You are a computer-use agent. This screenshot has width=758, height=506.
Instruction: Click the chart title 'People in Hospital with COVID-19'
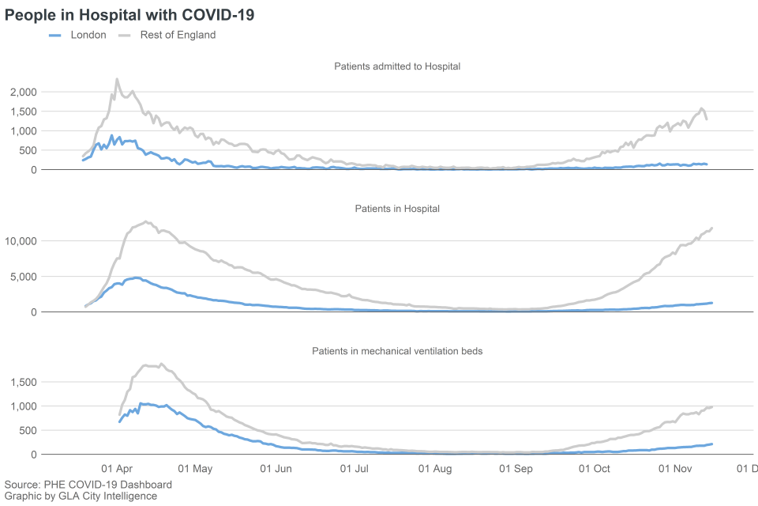pyautogui.click(x=129, y=15)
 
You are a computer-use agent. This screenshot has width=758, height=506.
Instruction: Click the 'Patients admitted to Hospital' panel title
pyautogui.click(x=397, y=66)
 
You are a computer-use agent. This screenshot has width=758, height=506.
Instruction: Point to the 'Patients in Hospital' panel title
pyautogui.click(x=397, y=209)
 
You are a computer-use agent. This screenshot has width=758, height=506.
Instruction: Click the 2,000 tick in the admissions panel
pyautogui.click(x=24, y=92)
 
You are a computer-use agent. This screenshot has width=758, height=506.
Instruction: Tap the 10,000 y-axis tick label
pyautogui.click(x=21, y=241)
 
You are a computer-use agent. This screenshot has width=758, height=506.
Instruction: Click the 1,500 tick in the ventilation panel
pyautogui.click(x=24, y=382)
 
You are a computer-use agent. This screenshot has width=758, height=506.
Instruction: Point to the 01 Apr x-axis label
pyautogui.click(x=118, y=469)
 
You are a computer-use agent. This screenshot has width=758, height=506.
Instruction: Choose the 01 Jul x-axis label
pyautogui.click(x=355, y=469)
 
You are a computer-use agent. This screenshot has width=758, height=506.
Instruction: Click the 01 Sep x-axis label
pyautogui.click(x=517, y=469)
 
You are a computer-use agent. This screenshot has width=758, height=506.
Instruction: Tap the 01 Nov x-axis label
pyautogui.click(x=676, y=469)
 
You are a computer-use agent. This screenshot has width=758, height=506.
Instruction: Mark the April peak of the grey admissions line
pyautogui.click(x=117, y=79)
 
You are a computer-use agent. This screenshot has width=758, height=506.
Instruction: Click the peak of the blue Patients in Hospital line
pyautogui.click(x=137, y=278)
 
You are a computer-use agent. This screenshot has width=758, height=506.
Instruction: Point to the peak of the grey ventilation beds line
pyautogui.click(x=161, y=364)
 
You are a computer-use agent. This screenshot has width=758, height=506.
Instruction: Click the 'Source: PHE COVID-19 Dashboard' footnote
pyautogui.click(x=88, y=484)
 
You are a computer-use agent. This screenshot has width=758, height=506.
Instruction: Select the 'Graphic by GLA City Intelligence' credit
pyautogui.click(x=81, y=496)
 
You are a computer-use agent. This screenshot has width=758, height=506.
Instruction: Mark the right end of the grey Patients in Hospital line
pyautogui.click(x=712, y=228)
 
